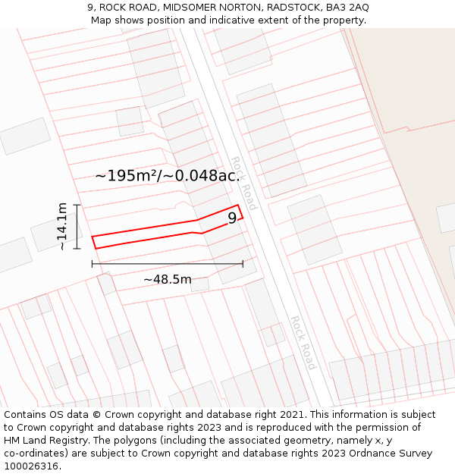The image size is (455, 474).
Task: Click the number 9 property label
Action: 232,218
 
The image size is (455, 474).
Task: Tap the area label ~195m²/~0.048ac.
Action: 166,175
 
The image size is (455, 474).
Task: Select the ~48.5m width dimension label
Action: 168,279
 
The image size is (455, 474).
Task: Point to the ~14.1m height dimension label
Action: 62,227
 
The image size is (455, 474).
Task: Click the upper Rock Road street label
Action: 244,183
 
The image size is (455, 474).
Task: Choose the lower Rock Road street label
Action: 303,342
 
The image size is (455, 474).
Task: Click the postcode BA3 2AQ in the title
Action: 344,8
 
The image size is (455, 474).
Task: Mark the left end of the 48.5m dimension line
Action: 92,264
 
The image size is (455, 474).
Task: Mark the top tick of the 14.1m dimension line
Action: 77,206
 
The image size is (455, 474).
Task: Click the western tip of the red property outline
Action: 93,238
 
